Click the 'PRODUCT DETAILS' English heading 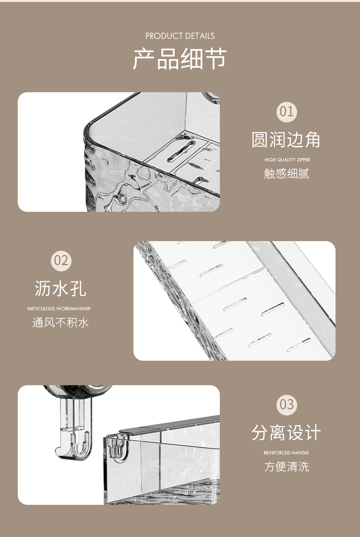(x=180, y=36)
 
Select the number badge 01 (x=287, y=112)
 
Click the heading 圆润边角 (x=286, y=140)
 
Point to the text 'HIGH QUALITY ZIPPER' (x=287, y=159)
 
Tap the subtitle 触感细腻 (x=287, y=173)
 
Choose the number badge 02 (x=61, y=261)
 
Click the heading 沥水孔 (x=60, y=289)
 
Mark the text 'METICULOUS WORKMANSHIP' (x=59, y=309)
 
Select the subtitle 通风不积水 (x=60, y=322)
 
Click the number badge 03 (x=287, y=404)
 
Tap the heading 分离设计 (x=286, y=433)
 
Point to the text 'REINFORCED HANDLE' (x=286, y=452)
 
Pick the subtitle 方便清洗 (x=287, y=466)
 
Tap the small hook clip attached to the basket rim (x=117, y=447)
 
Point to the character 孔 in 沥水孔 (x=78, y=289)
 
